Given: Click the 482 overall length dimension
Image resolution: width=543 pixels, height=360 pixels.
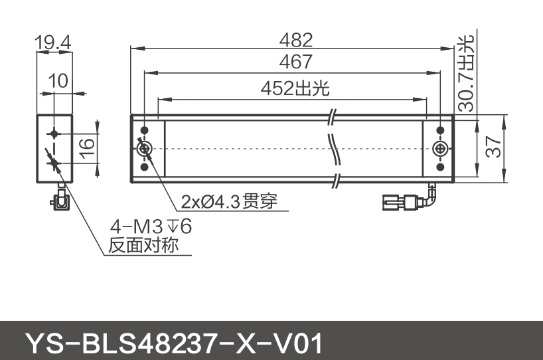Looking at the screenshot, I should pos(296,39).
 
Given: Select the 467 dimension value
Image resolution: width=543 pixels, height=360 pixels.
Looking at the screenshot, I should pos(296,62).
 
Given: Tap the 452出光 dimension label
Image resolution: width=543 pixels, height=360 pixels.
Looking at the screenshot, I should pos(295,88).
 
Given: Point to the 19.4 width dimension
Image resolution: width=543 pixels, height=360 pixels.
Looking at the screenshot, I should pos(53,44).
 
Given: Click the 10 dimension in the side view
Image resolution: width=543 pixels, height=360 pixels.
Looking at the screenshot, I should pos(58,81).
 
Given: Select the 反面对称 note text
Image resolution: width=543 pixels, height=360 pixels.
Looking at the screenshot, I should pos(144,246).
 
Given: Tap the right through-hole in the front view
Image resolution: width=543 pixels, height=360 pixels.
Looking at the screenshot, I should pos(440,149).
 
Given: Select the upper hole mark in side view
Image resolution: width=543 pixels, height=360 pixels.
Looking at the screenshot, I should pos(53,133).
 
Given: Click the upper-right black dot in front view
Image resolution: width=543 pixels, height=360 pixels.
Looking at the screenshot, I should pos(439,130).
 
